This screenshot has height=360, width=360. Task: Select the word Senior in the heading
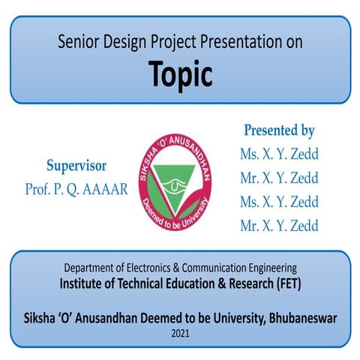point(78,43)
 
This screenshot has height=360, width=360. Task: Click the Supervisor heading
point(76,166)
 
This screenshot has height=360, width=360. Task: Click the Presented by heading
point(279,130)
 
